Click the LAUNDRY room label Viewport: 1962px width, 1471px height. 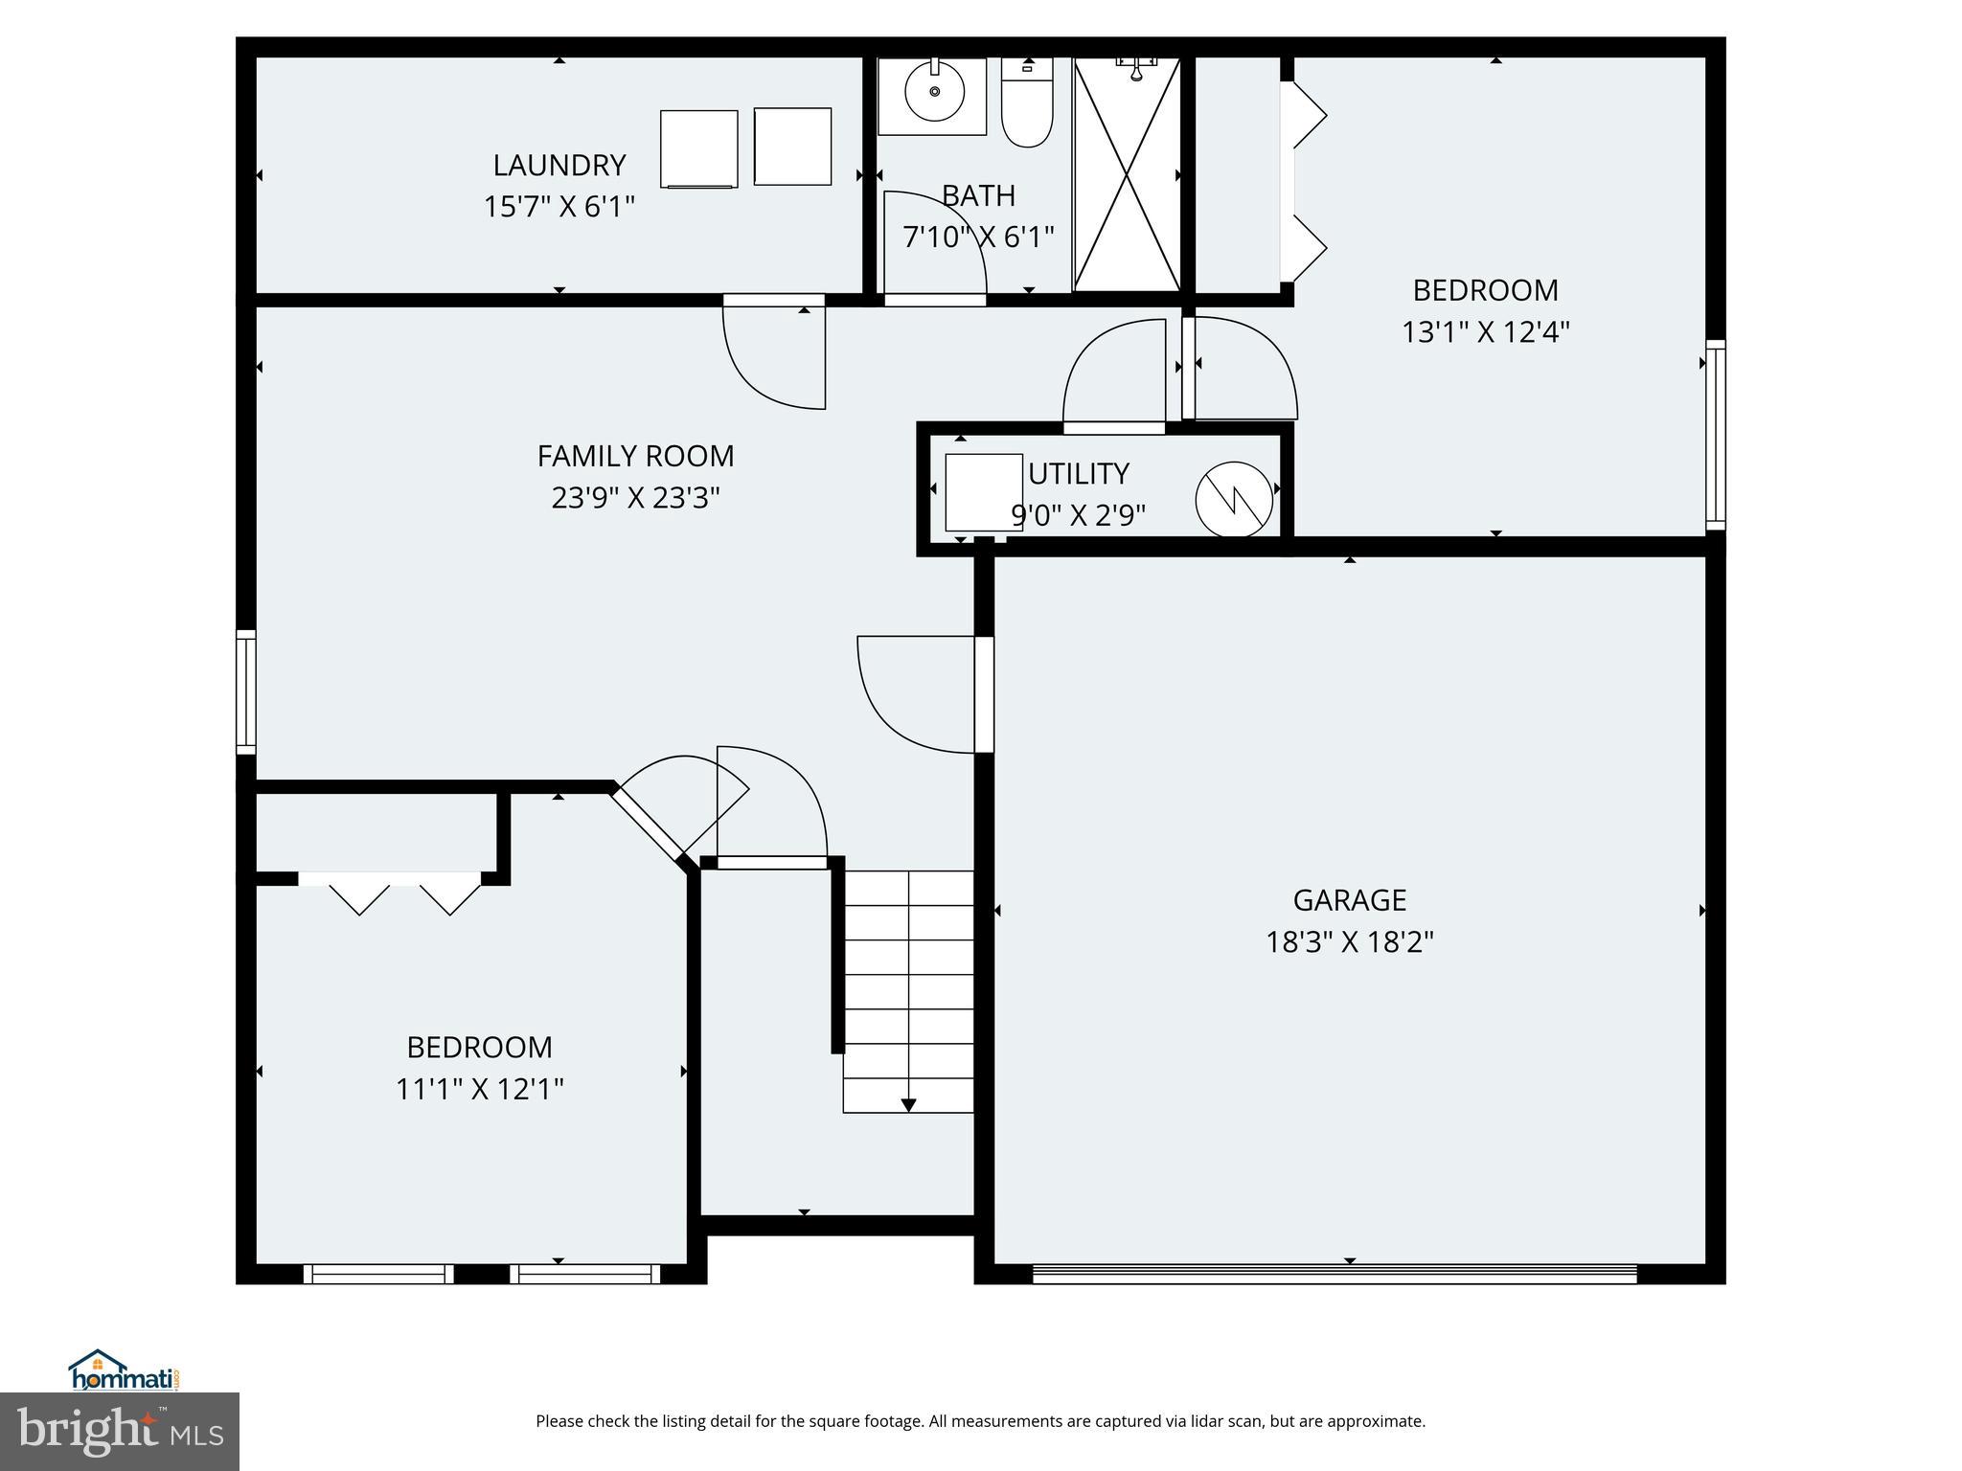pyautogui.click(x=559, y=166)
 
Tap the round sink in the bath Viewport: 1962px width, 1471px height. pyautogui.click(x=934, y=93)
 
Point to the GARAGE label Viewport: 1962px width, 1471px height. pyautogui.click(x=1349, y=900)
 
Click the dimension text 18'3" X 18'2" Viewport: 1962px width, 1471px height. pyautogui.click(x=1349, y=942)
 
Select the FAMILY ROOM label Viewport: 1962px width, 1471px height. pyautogui.click(x=635, y=456)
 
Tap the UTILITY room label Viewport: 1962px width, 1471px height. pyautogui.click(x=1079, y=474)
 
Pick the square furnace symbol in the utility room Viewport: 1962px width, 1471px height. pyautogui.click(x=983, y=492)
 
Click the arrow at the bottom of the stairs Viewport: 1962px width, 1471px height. pyautogui.click(x=908, y=1104)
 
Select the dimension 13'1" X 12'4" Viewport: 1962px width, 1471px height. pyautogui.click(x=1485, y=332)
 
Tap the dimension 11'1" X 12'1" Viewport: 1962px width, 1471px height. pyautogui.click(x=479, y=1089)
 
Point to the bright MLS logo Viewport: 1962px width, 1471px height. pyautogui.click(x=120, y=1432)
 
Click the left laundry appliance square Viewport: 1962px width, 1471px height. pyautogui.click(x=698, y=148)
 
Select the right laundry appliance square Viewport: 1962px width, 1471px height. pyautogui.click(x=792, y=147)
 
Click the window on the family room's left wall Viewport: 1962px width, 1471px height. pyautogui.click(x=246, y=691)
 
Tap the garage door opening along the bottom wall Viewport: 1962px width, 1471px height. pyautogui.click(x=1335, y=1274)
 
